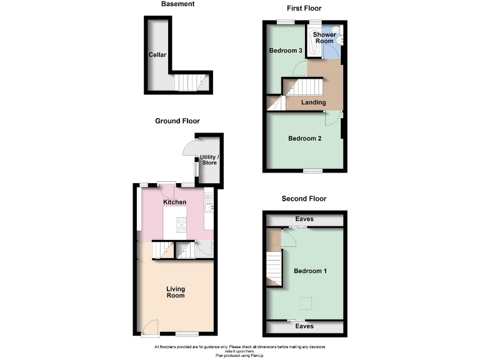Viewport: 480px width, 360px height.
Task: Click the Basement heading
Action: [177, 4]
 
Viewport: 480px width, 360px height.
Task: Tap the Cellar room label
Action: [157, 55]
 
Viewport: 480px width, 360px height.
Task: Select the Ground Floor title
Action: [177, 121]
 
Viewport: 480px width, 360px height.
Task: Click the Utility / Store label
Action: [209, 160]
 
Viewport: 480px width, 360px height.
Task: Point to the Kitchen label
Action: [174, 202]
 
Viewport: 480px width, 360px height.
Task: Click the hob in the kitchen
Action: [182, 224]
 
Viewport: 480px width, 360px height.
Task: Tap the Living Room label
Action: [176, 292]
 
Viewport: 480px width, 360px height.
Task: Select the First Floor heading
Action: [304, 9]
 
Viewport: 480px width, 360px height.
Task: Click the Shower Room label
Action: [324, 37]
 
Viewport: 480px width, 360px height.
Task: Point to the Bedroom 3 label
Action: [286, 51]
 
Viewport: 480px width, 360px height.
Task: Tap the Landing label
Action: [313, 102]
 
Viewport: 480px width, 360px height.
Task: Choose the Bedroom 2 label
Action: [304, 138]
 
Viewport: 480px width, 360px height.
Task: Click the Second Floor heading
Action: [304, 199]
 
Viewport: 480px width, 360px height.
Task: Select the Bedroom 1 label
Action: [310, 271]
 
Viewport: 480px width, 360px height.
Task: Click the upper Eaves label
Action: [304, 219]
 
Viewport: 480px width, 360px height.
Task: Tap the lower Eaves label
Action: [304, 326]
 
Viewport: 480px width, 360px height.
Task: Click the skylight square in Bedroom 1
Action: [305, 303]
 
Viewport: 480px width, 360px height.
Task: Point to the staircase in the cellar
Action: [188, 82]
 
